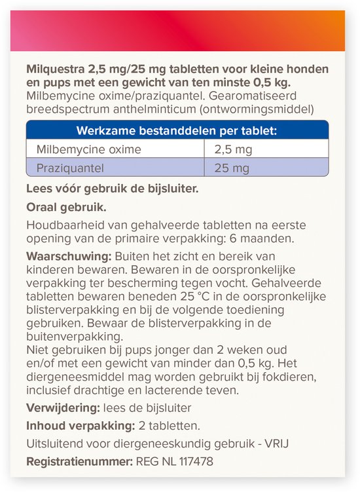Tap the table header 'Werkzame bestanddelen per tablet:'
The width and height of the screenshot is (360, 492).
(177, 130)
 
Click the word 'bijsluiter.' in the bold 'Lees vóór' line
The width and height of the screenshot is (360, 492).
(171, 189)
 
